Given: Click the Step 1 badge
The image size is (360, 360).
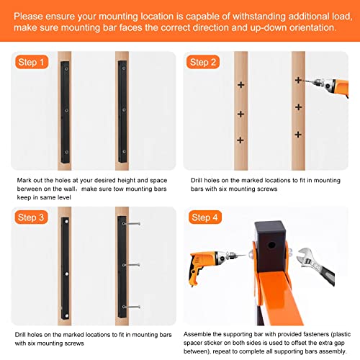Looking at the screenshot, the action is pos(32,62).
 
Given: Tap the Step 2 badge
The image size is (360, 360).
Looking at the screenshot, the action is pos(203,62).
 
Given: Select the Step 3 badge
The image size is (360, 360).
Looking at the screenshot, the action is pos(31,217).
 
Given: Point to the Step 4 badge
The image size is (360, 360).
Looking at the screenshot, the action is pos(204,217).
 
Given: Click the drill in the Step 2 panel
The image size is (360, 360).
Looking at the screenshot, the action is pos(329,86).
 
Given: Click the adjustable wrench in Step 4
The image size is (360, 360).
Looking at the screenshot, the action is pos(315,266).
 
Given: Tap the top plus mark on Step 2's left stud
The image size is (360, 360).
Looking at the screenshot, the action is pos(241,85).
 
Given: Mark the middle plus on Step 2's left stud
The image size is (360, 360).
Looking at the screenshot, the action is pos(240,114).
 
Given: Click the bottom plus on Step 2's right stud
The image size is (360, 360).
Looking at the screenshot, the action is pos(298,135).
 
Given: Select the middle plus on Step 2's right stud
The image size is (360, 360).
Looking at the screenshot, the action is pos(298,107).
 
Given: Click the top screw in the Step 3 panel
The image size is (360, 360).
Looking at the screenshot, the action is pos(131,224).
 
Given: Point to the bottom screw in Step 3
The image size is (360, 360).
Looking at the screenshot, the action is pos(131,307).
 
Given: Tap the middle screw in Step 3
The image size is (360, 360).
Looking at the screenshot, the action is pos(131,265).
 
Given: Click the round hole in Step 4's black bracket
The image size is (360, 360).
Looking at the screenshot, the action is pos(271,246).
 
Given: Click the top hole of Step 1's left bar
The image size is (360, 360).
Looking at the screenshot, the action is pos(66,69).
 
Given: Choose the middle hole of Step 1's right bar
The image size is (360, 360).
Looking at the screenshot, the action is pos(124,110).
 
